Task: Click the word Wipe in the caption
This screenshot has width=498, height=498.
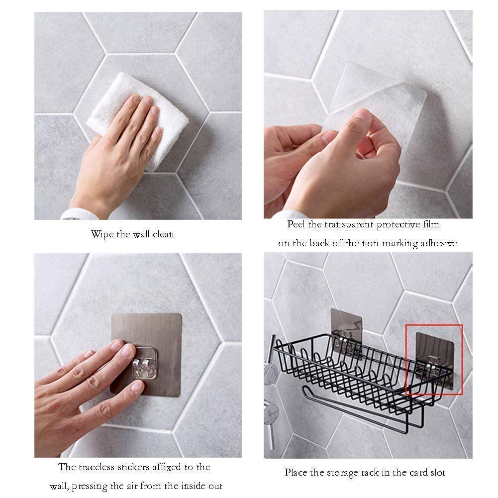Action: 102,235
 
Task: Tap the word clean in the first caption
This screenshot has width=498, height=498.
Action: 163,234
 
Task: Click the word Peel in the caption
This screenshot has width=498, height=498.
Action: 297,224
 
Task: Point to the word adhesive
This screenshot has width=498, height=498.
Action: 439,243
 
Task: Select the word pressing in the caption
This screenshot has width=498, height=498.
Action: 90,487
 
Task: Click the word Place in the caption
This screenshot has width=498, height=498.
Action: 296,473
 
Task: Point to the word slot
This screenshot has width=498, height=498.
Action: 438,473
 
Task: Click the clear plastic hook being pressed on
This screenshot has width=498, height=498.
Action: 145,363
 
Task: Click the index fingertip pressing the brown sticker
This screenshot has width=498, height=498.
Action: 128,351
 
